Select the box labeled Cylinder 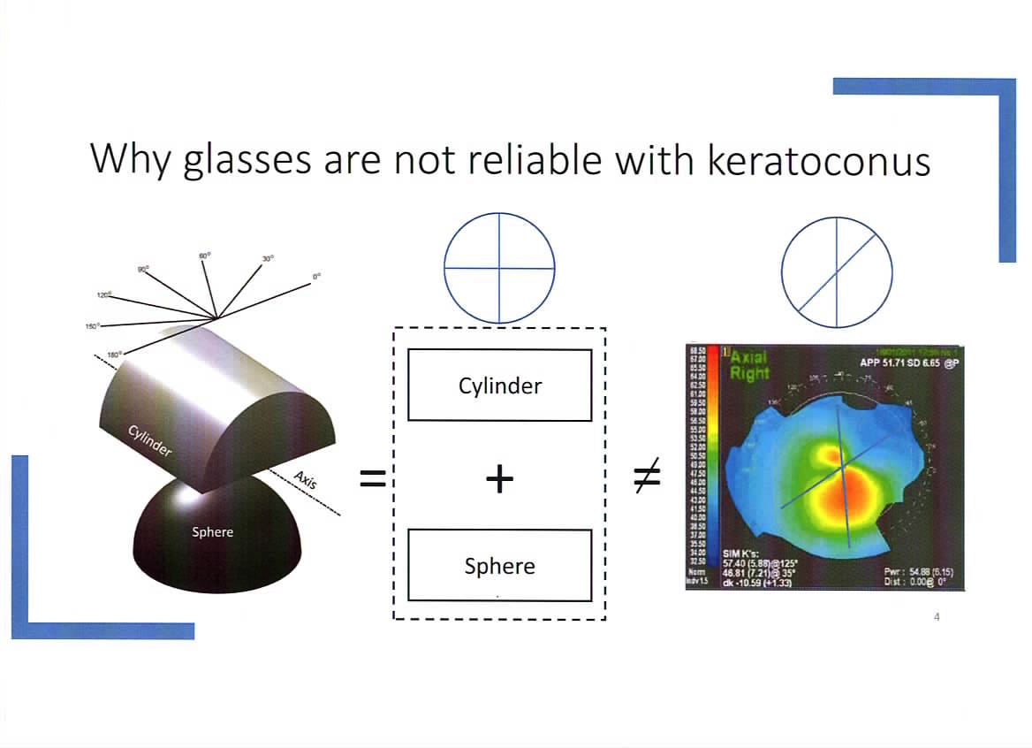point(499,385)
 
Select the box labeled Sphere point(499,566)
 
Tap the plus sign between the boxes point(499,479)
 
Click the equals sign point(372,479)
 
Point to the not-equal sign point(646,478)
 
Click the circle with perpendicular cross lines point(499,267)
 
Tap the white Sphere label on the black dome point(212,532)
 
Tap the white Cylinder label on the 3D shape point(150,439)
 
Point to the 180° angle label point(114,355)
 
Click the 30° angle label point(268,258)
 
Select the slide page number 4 point(937,617)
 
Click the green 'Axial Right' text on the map point(748,365)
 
